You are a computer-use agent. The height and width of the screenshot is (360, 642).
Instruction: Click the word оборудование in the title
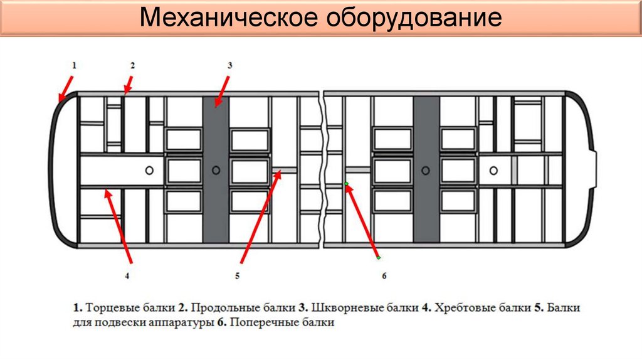(x=414, y=18)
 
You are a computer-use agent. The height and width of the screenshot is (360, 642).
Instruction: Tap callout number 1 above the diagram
(x=73, y=65)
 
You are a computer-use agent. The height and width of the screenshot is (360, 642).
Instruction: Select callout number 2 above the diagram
(x=133, y=65)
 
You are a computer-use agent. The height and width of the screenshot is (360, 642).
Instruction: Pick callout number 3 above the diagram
(x=230, y=65)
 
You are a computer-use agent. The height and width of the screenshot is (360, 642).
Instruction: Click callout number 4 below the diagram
(x=127, y=275)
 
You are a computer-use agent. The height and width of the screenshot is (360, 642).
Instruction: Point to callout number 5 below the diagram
(x=238, y=275)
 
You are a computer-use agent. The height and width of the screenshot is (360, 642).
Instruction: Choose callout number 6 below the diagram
(x=384, y=275)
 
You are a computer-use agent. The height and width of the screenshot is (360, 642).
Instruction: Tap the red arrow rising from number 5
(x=261, y=217)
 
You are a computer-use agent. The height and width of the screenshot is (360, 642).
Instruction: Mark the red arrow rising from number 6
(x=362, y=220)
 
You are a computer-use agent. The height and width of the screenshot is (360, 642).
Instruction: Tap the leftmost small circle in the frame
(x=149, y=170)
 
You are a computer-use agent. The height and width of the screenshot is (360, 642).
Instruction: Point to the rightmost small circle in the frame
(x=494, y=170)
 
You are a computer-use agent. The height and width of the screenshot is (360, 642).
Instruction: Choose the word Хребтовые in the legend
(x=463, y=309)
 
